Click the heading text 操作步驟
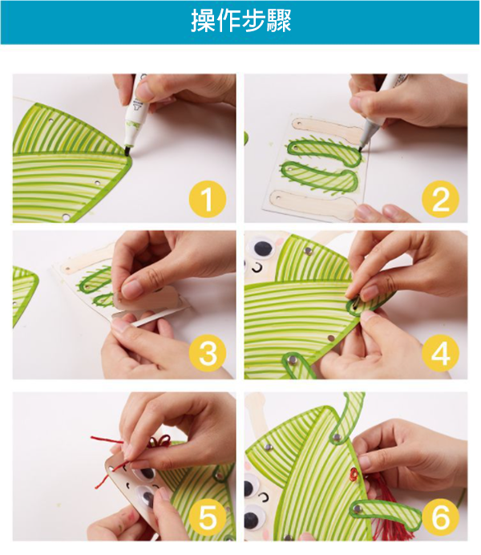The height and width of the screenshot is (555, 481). [240, 21]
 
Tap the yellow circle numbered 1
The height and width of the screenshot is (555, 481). [208, 199]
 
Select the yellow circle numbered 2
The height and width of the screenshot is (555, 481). [440, 199]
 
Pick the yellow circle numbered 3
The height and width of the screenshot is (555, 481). [208, 353]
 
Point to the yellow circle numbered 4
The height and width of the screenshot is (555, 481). [440, 353]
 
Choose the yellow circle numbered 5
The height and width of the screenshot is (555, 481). [208, 517]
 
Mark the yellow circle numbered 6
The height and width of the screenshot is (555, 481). [440, 517]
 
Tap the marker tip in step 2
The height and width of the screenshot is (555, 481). [361, 149]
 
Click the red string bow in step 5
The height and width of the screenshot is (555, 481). [160, 441]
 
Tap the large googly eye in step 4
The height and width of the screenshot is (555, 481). [262, 247]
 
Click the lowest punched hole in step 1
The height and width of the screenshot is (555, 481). [66, 217]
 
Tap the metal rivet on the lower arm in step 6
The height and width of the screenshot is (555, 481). [358, 509]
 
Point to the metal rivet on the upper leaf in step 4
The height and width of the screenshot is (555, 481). [308, 251]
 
